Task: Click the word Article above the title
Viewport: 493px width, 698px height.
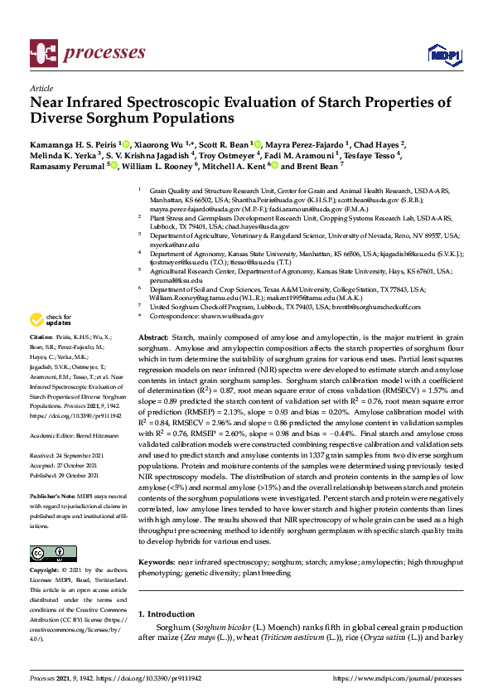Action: (x=41, y=88)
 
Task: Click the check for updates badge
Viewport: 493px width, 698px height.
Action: (x=51, y=320)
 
